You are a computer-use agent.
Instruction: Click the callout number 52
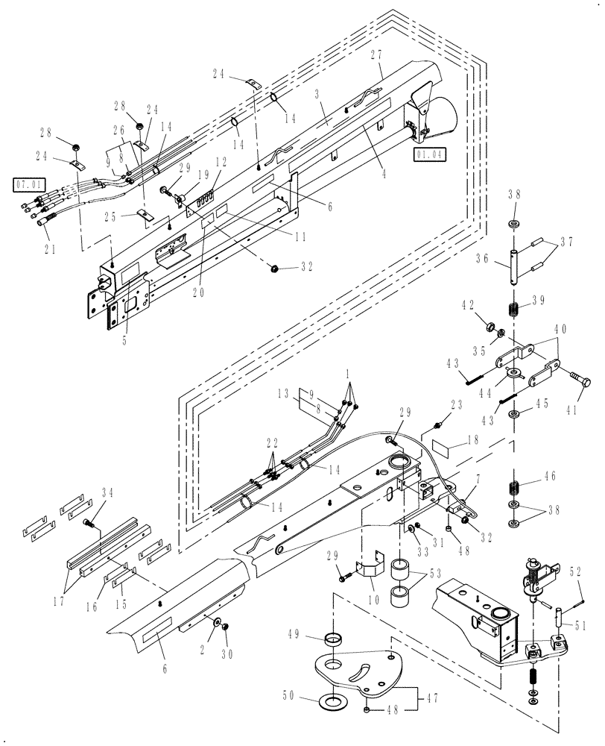[576, 572]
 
